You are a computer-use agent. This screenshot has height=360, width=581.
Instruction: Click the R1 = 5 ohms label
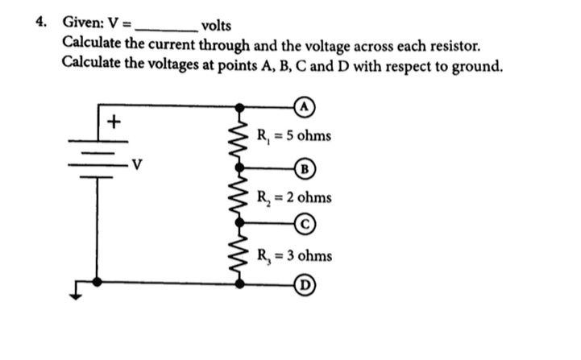tap(292, 134)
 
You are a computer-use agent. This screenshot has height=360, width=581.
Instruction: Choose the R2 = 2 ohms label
tap(292, 197)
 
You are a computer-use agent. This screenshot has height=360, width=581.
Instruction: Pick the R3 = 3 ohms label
tap(292, 255)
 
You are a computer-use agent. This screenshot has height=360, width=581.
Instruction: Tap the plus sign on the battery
tap(114, 122)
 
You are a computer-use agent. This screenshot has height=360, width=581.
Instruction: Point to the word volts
tap(215, 25)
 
